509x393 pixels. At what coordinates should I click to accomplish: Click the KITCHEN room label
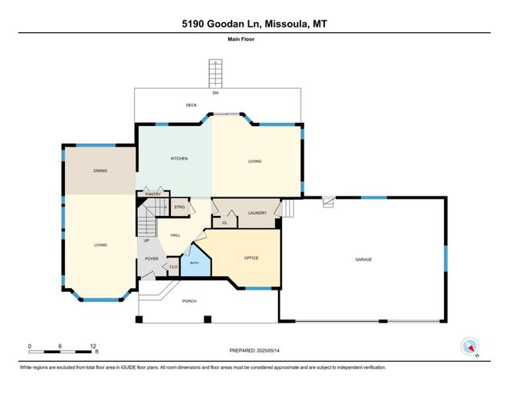click(179, 159)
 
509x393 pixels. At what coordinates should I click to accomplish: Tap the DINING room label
click(100, 171)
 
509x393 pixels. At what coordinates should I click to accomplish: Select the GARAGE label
click(363, 260)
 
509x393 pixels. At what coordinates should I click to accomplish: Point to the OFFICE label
click(251, 258)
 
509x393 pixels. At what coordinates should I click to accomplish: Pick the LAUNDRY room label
click(257, 213)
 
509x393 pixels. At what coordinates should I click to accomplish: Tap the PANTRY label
click(153, 194)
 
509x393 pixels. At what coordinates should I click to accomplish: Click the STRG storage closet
click(179, 207)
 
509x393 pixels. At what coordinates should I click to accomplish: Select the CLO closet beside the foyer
click(173, 267)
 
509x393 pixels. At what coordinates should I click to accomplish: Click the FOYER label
click(152, 258)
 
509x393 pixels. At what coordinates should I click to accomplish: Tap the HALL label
click(175, 236)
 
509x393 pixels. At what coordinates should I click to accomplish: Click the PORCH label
click(190, 301)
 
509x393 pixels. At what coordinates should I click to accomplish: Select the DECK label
click(191, 105)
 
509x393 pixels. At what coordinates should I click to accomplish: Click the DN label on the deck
click(215, 93)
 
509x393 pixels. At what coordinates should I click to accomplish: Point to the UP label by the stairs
click(146, 240)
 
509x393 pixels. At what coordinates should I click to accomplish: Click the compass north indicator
click(470, 347)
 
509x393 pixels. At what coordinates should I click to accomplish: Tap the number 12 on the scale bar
click(93, 346)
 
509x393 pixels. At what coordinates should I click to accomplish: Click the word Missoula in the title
click(287, 24)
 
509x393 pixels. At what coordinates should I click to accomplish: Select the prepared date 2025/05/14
click(268, 351)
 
